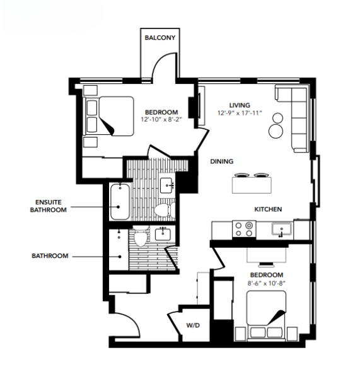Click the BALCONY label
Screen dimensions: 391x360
(x=160, y=38)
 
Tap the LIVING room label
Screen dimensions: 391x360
(x=239, y=105)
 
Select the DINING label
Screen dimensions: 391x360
(x=223, y=161)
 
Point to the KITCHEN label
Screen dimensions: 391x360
(x=267, y=209)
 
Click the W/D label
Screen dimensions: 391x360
(x=192, y=326)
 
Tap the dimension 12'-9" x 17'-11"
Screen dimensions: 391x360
(x=239, y=114)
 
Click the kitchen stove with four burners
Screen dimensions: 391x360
(x=243, y=228)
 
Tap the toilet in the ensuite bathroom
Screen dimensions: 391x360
(x=162, y=208)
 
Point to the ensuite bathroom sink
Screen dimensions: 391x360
(x=166, y=185)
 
